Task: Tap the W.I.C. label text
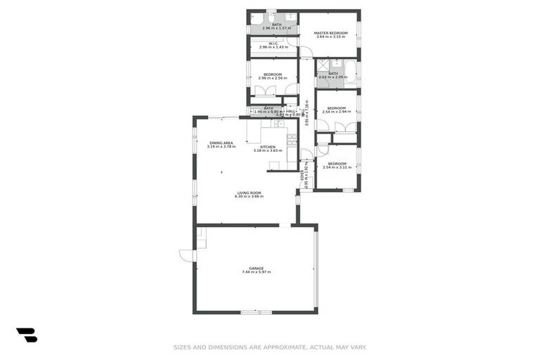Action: point(272,43)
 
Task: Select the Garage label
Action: point(256,268)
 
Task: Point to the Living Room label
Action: point(248,193)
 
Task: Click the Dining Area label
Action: point(221,143)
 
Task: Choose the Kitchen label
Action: point(268,147)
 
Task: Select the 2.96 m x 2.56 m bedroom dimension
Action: point(272,78)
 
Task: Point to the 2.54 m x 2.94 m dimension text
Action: point(336,112)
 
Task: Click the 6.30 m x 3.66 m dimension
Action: point(248,197)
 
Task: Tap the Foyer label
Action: point(302,176)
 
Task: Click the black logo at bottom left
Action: point(27,335)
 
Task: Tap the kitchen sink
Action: point(278,124)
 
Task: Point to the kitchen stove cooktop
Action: point(291,138)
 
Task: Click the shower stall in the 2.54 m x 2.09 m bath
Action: point(322,66)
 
